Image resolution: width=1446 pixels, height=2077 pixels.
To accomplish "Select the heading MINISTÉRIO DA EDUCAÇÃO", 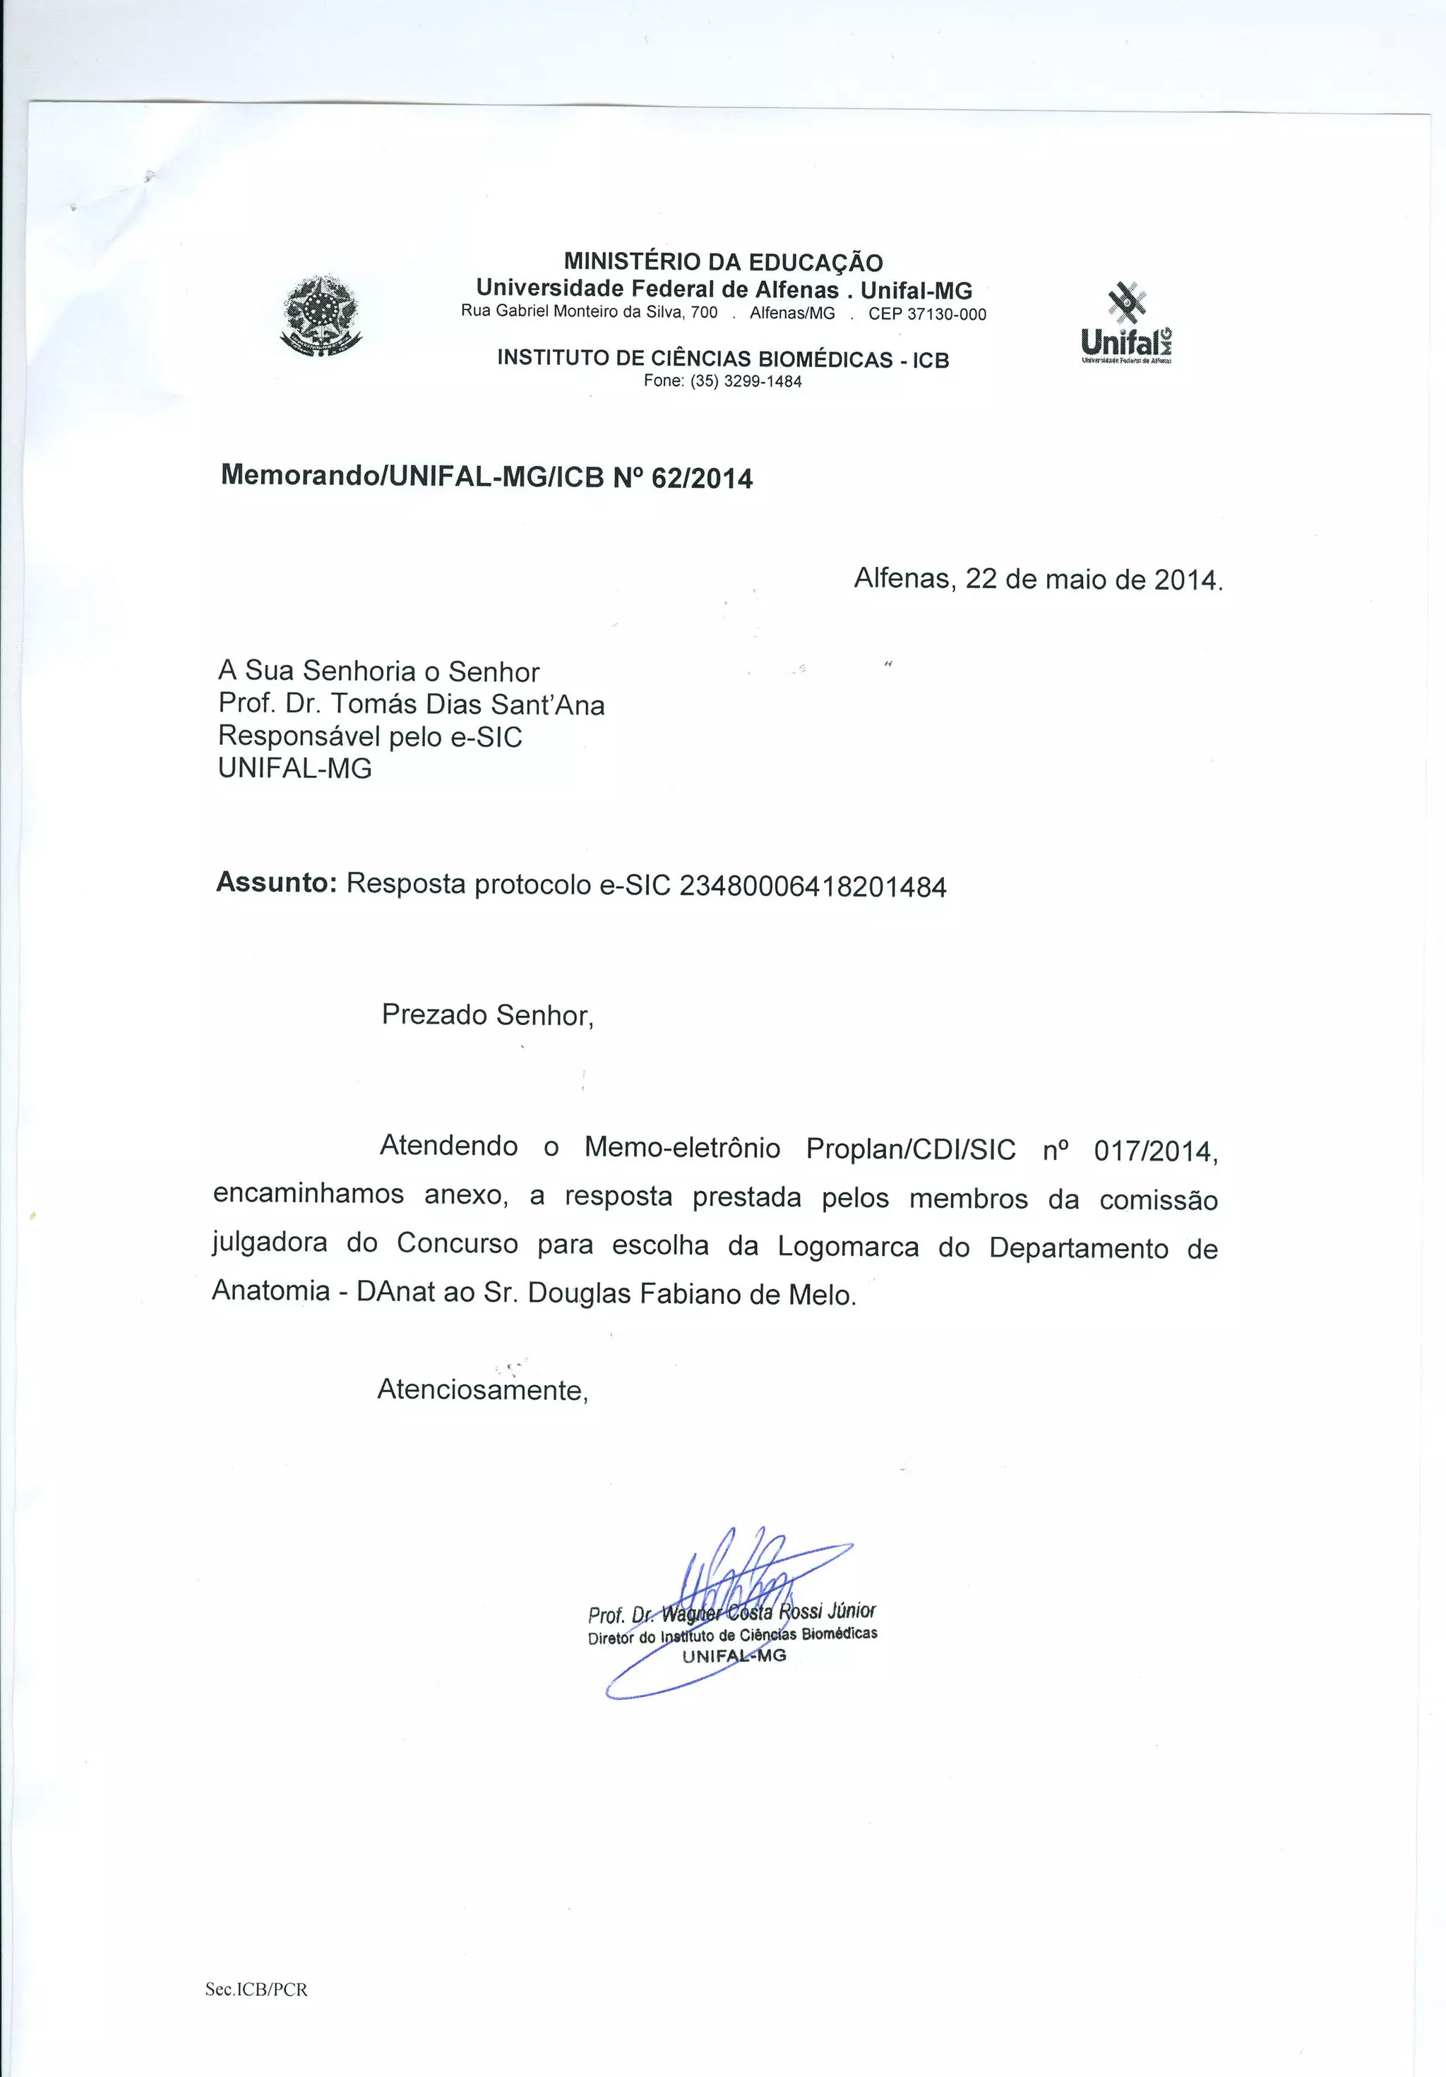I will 723,263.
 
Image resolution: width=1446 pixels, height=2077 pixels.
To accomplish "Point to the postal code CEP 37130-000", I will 928,315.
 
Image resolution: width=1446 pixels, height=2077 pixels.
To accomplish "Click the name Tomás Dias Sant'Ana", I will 470,705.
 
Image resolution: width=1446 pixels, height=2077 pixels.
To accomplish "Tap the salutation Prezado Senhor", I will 487,1015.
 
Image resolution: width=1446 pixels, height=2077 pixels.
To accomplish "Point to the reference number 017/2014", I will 1156,1151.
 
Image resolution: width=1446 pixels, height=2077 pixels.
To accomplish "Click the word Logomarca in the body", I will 848,1247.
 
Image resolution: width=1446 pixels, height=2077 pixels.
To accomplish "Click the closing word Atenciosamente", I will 482,1389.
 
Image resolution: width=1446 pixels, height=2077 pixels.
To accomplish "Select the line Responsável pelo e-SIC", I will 370,737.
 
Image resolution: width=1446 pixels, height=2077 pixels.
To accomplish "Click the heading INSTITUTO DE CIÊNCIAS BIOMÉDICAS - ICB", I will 723,359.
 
